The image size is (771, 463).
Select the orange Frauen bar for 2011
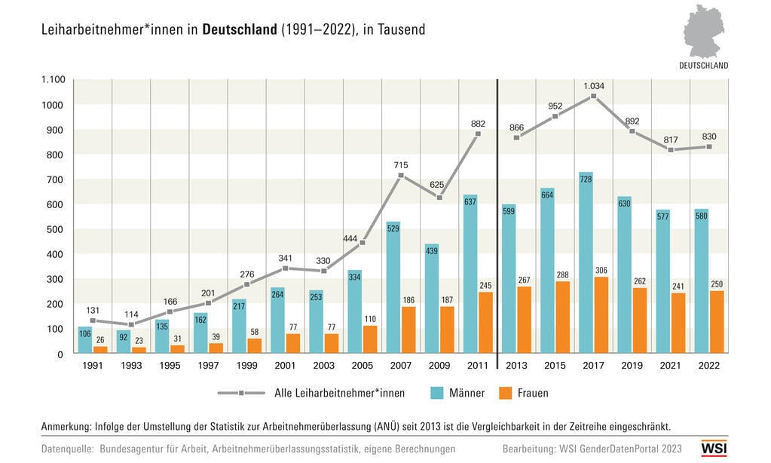485,322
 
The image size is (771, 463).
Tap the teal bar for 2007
393,287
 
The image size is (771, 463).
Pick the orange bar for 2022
716,321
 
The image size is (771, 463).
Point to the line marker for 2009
439,198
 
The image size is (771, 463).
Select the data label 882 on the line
478,124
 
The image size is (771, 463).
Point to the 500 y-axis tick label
57,229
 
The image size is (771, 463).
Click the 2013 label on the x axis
516,365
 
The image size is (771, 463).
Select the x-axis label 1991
93,365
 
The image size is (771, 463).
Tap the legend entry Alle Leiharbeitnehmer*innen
339,393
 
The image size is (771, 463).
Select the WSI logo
714,447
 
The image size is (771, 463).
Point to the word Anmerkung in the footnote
66,426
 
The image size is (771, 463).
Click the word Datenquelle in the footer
67,449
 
